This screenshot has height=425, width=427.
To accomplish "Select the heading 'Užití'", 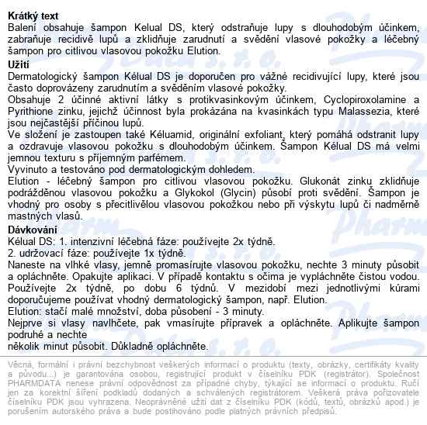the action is click(x=18, y=64).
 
